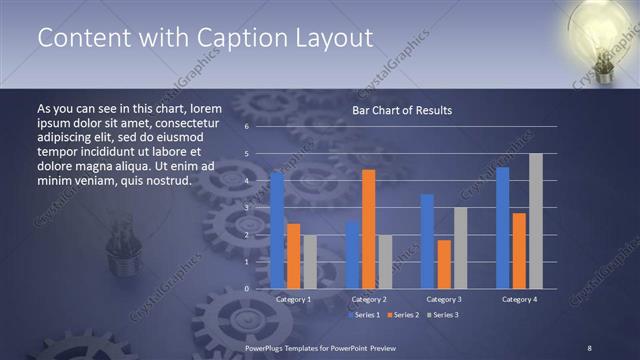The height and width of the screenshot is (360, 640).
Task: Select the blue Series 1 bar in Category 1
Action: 277,230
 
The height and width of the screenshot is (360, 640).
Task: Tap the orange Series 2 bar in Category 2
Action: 368,229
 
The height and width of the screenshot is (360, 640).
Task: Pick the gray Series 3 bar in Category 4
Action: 535,221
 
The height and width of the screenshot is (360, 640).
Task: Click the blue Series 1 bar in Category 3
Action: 427,241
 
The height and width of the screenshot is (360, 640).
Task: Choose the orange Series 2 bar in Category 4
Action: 518,250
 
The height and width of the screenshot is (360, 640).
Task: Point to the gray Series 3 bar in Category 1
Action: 310,262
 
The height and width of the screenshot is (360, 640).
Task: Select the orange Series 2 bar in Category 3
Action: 444,264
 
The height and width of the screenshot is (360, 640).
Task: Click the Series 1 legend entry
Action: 365,315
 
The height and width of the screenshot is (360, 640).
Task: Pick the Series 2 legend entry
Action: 403,315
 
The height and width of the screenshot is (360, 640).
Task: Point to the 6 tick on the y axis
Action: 246,127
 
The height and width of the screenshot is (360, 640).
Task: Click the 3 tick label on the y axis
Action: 246,208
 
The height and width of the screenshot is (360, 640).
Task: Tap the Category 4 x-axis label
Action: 518,299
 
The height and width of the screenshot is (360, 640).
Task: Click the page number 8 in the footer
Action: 589,347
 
